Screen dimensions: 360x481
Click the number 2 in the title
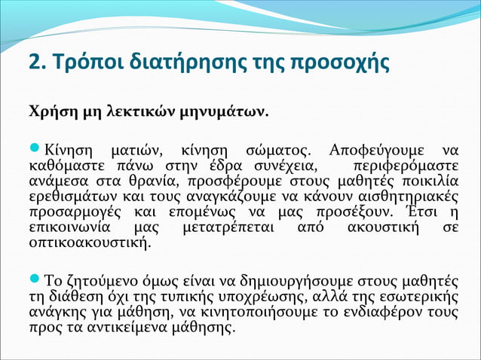(34, 63)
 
